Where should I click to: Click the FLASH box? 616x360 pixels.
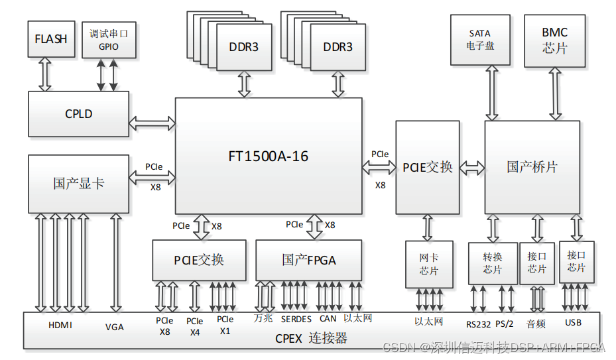pos(51,39)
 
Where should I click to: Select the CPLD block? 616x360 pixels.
pos(78,114)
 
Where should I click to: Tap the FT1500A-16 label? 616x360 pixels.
pos(269,156)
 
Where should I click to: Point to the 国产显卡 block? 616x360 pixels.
pos(78,184)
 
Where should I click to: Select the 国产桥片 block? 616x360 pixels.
pos(532,167)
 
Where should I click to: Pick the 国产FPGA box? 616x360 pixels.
pos(308,260)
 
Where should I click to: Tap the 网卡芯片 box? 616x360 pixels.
pos(428,264)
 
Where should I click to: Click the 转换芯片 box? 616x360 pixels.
pos(492,264)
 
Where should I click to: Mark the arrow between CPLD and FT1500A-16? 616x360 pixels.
pos(152,123)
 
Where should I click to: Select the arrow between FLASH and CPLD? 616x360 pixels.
pos(45,74)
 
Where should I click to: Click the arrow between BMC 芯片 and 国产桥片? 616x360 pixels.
pos(554,93)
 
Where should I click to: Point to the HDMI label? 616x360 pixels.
pos(60,326)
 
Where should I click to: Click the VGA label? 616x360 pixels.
pos(114,327)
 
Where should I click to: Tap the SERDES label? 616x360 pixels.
pos(296,319)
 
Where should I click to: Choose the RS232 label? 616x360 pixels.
pos(477,324)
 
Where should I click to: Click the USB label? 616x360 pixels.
pos(573,323)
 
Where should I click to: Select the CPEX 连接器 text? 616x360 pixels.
pos(311,339)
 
